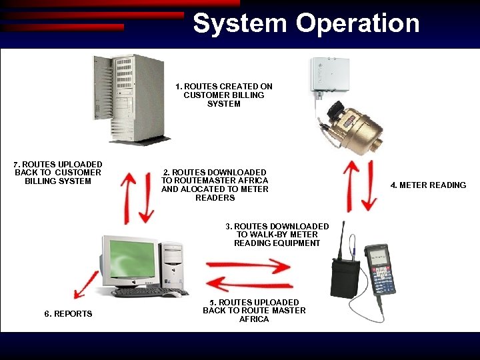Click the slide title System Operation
(306, 23)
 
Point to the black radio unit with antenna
(345, 277)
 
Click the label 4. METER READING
(428, 185)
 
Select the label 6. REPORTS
(68, 314)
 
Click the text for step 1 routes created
(224, 95)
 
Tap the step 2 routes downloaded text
(215, 185)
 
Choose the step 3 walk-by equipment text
(277, 235)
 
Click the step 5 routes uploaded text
(254, 311)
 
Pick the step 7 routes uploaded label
(58, 173)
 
